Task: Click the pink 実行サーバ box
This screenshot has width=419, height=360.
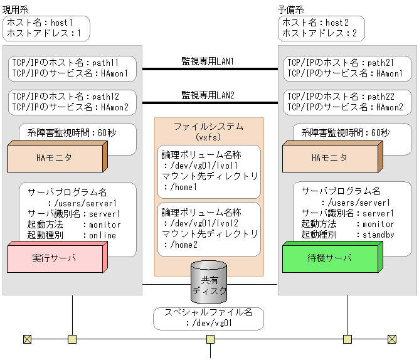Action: [53, 258]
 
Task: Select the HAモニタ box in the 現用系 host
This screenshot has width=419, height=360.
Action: [55, 157]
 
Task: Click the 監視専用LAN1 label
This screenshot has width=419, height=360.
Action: [208, 61]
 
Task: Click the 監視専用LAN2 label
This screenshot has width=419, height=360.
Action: [208, 95]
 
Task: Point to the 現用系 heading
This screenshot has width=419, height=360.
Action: [16, 9]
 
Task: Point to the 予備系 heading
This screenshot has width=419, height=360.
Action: [291, 9]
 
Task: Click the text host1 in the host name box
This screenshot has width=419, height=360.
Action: [62, 22]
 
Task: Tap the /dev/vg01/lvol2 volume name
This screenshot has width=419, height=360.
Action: [199, 223]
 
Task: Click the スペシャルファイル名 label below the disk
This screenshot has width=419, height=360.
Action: [209, 312]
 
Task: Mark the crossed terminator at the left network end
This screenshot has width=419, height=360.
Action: [27, 339]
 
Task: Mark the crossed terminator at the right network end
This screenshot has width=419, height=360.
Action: [392, 339]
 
